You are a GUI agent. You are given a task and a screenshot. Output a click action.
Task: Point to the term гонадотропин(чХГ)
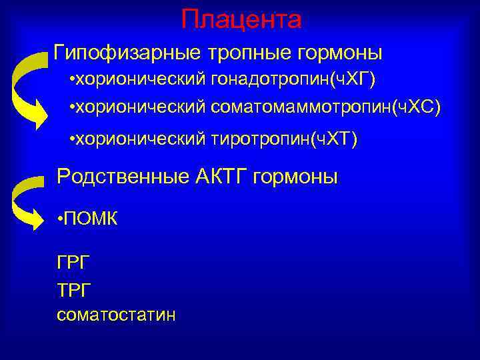tap(294, 81)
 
